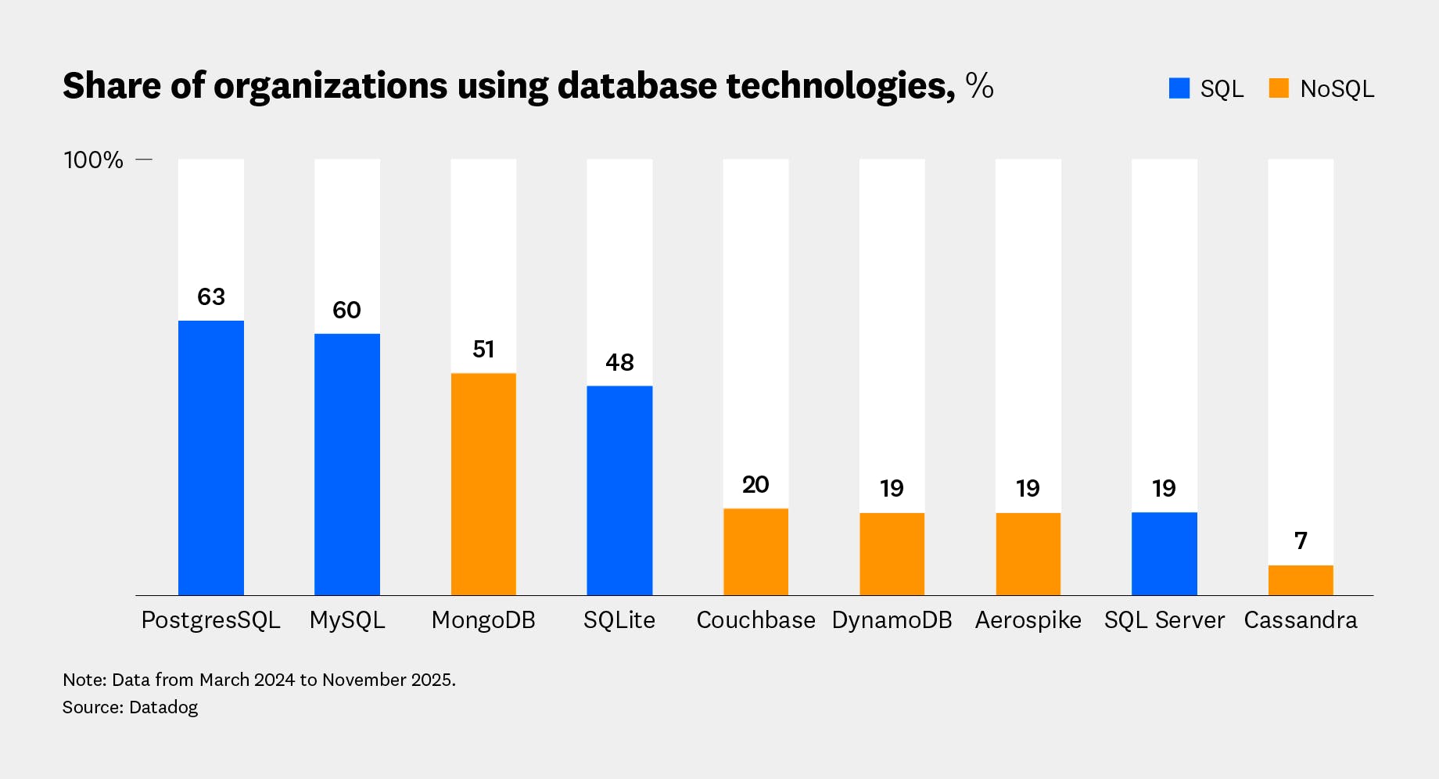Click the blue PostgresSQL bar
point(211,458)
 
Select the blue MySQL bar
point(347,464)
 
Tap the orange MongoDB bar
point(483,483)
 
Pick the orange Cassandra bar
point(1301,580)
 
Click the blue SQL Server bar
point(1164,553)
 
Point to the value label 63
point(211,297)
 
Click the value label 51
point(483,350)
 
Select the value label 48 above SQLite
point(619,363)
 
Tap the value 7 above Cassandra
point(1301,541)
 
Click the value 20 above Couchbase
point(755,485)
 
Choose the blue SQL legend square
point(1179,88)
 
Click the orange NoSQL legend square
point(1279,88)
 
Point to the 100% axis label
point(93,160)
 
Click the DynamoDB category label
point(892,620)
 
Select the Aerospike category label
point(1028,620)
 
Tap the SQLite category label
point(619,620)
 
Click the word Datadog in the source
point(163,708)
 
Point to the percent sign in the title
point(979,85)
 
